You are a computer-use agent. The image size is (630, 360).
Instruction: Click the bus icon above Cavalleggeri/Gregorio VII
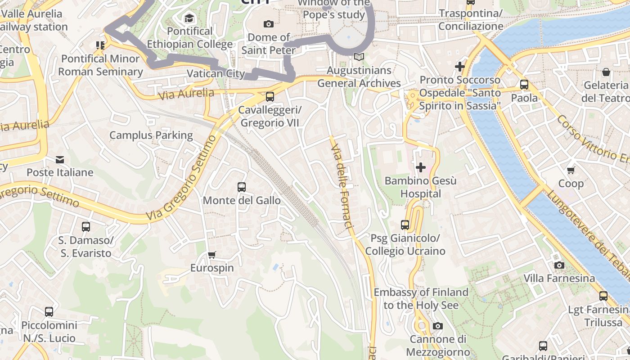coord(270,96)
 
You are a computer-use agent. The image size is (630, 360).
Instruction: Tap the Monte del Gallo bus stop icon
coord(242,187)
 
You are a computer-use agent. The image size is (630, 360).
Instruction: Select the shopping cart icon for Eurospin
coord(212,255)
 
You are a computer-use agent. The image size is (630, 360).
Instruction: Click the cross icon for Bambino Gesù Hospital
coord(421,168)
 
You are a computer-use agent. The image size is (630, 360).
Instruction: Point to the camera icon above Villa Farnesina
coord(559,265)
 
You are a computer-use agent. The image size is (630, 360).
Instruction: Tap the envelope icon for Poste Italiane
coord(59,160)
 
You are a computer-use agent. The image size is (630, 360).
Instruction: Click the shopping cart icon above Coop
coord(571,170)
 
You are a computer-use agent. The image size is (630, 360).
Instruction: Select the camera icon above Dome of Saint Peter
coord(268,24)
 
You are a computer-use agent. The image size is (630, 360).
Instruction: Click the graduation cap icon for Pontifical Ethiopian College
coord(189,18)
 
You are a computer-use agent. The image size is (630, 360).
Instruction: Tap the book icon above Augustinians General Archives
coord(359,57)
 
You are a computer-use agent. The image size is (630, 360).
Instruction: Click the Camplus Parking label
coord(151,135)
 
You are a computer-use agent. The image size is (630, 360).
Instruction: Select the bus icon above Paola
coord(524,85)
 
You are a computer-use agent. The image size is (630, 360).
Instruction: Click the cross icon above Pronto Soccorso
coord(459,67)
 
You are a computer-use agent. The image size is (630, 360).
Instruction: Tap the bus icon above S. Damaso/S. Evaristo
coord(85,227)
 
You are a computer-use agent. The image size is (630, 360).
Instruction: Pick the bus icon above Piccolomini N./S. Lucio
coord(49,311)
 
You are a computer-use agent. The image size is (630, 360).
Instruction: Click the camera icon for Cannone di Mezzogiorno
coord(437,326)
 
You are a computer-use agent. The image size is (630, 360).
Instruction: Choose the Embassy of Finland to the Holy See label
coord(421,299)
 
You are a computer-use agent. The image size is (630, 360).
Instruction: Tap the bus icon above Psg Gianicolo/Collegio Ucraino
coord(405,225)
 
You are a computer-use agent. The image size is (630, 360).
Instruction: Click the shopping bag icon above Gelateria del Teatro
coord(606,72)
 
